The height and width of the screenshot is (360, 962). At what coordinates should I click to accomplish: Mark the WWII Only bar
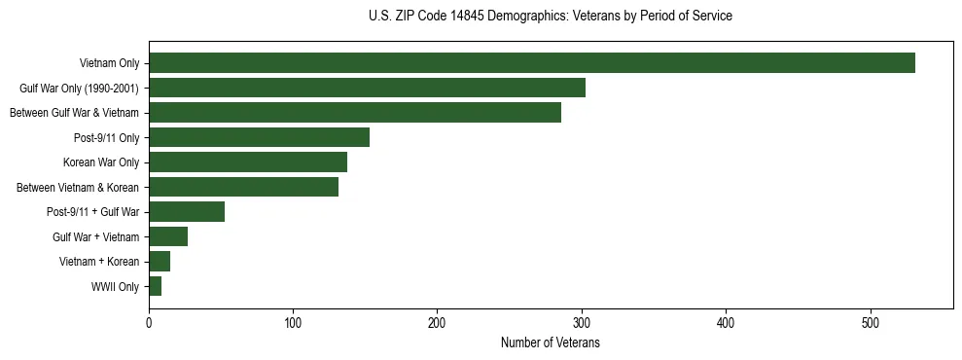click(155, 286)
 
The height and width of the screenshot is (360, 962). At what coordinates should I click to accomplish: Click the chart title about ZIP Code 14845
click(551, 17)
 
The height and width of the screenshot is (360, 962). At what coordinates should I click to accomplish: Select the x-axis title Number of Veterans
click(551, 343)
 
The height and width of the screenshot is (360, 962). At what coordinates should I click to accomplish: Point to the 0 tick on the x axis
click(149, 324)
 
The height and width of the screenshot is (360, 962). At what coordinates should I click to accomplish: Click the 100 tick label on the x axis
click(293, 324)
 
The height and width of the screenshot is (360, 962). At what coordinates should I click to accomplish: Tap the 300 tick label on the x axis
click(582, 324)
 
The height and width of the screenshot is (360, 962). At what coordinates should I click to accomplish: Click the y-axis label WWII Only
click(115, 287)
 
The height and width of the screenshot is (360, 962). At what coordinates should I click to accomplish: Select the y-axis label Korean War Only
click(101, 162)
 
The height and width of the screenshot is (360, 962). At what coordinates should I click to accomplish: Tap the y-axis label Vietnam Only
click(109, 63)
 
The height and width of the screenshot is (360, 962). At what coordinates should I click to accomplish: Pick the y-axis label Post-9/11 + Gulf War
click(92, 212)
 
